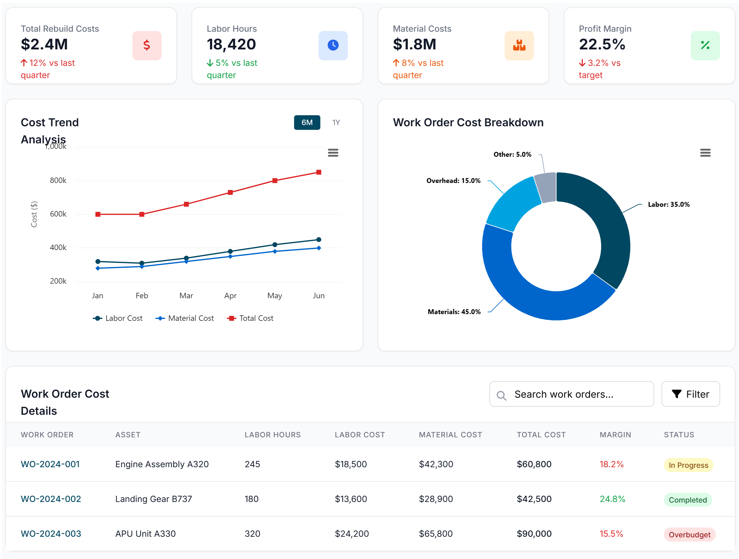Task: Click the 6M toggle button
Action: point(307,123)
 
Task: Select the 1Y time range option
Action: point(336,123)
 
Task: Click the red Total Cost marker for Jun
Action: point(319,172)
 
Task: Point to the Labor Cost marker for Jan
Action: point(98,261)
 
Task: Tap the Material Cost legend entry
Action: point(185,318)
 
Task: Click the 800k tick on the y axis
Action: point(58,181)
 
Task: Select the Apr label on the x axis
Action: point(230,296)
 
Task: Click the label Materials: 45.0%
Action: point(454,312)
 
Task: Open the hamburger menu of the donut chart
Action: point(705,153)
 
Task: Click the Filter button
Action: point(690,394)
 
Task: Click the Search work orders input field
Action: point(571,394)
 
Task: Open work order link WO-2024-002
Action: point(51,499)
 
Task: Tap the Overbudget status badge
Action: point(689,535)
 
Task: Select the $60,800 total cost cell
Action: point(534,464)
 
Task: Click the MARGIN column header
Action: point(615,435)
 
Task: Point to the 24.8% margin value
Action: point(612,499)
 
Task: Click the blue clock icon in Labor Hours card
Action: point(333,45)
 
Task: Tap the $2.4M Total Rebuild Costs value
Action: point(45,45)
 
